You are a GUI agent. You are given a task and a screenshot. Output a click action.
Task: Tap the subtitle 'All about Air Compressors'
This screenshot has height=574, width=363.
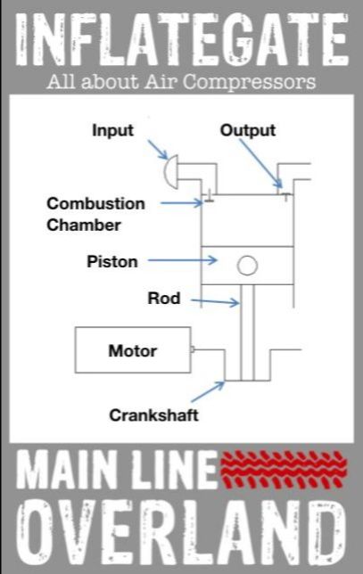[x=181, y=82]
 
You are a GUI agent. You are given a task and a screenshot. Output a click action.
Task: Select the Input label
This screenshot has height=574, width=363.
[x=112, y=130]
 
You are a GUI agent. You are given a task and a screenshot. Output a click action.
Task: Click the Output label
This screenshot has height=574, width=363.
[x=248, y=130]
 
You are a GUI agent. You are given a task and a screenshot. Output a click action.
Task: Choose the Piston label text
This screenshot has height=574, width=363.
[x=112, y=261]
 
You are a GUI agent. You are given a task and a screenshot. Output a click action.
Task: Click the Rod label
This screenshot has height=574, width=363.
[x=163, y=299]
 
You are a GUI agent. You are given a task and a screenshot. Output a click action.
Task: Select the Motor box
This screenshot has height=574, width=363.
[x=131, y=350]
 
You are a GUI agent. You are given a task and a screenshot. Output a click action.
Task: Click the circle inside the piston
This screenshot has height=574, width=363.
[x=247, y=265]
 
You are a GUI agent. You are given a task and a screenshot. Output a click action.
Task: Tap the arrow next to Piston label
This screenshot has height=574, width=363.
[x=182, y=261]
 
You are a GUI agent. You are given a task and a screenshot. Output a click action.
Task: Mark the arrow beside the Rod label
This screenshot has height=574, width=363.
[x=216, y=303]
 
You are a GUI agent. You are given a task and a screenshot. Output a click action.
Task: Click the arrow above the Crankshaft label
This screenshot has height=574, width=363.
[x=208, y=391]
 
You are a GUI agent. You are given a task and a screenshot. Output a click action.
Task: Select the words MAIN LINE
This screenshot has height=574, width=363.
[x=118, y=471]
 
